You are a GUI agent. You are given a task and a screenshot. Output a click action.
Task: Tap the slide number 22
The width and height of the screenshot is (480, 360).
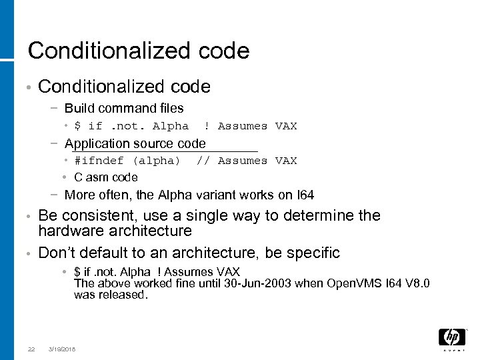(x=31, y=349)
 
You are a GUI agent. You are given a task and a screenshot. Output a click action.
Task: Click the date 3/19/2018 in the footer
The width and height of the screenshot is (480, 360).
(x=62, y=349)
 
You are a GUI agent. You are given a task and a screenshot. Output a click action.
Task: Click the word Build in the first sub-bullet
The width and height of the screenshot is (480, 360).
(x=79, y=108)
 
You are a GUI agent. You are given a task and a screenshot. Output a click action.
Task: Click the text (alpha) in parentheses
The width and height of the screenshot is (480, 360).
(x=157, y=161)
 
